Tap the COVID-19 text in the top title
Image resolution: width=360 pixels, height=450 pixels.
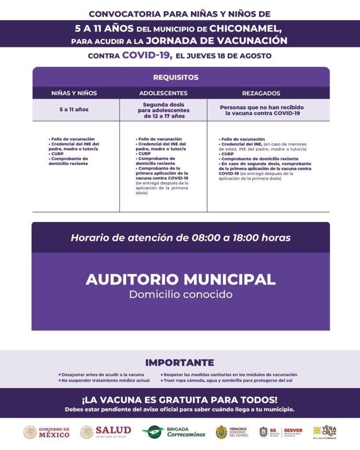tap(145, 55)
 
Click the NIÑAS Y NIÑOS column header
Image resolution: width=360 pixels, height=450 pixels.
tap(74, 93)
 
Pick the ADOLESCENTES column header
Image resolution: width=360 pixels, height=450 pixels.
tap(163, 93)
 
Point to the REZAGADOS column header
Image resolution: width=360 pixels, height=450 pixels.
tap(261, 93)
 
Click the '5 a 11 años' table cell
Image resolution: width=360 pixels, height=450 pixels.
tap(74, 109)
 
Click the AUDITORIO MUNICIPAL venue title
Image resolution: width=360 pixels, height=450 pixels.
tap(180, 279)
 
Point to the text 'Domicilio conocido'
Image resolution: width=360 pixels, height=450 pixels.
tap(180, 294)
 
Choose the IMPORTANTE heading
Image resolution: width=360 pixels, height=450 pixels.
tap(179, 363)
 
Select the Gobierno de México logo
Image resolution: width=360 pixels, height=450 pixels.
tap(46, 432)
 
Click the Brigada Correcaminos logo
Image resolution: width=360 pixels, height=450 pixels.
tap(174, 432)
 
